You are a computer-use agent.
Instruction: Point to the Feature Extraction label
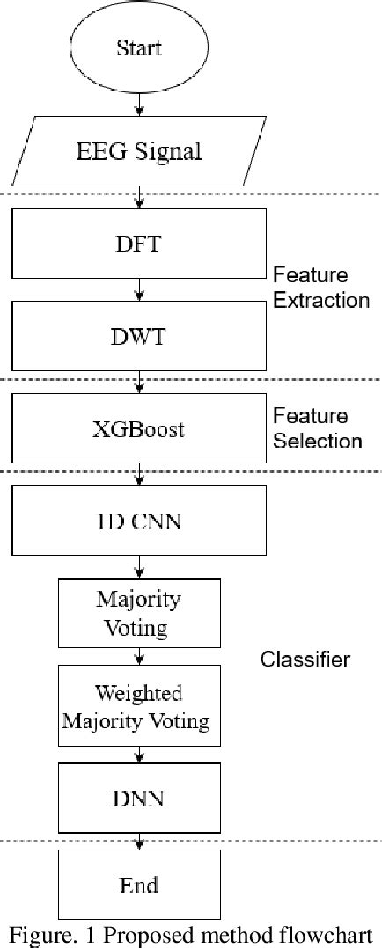[x=320, y=288]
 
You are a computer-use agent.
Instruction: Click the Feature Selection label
[x=317, y=428]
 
